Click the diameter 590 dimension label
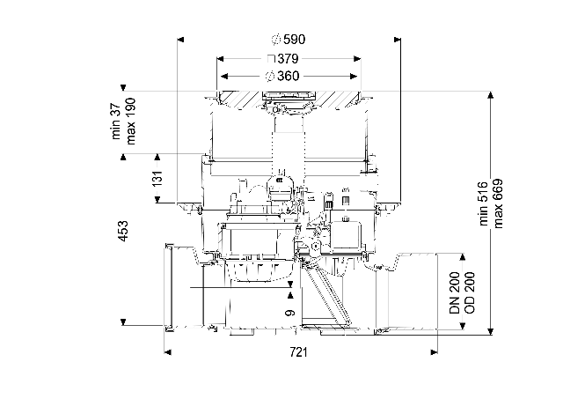point(289,39)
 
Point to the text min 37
point(116,122)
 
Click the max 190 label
point(131,122)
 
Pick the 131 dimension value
point(157,178)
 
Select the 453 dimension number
point(123,231)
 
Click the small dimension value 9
point(290,313)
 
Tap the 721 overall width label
point(298,352)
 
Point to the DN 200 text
point(455,292)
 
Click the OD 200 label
point(469,292)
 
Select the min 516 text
point(484,203)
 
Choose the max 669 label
point(498,203)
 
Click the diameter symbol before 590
point(276,40)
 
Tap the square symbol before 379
point(272,59)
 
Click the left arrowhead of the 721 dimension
point(167,352)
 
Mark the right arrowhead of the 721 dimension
point(434,352)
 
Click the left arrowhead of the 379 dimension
point(220,59)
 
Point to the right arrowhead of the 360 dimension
point(354,77)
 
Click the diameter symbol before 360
point(270,77)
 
